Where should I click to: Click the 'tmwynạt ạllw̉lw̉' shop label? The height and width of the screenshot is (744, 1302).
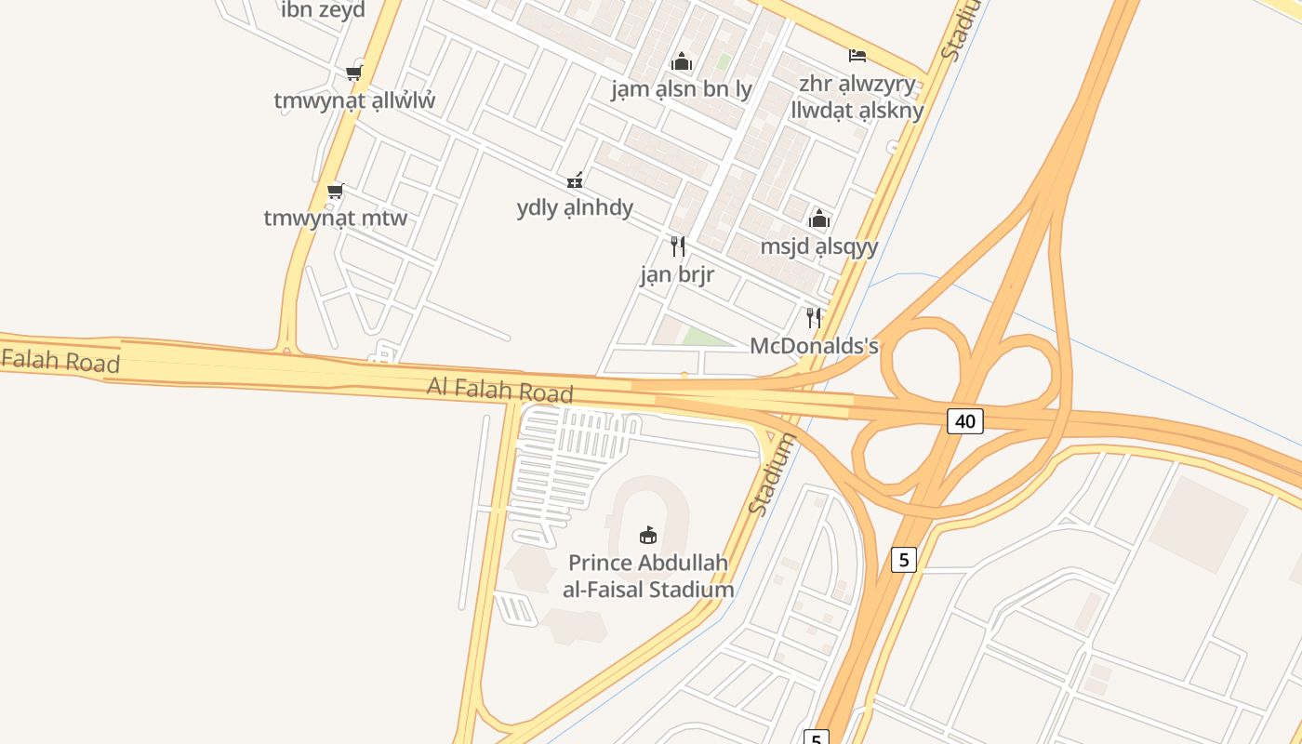tap(354, 100)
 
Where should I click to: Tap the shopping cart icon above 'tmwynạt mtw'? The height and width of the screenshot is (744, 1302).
tap(335, 192)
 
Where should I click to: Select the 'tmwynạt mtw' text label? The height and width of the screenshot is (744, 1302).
tap(336, 219)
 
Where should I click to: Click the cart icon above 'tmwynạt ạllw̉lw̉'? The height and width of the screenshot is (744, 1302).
tap(353, 73)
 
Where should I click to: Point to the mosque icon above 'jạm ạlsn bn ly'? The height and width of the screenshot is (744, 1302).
tap(682, 62)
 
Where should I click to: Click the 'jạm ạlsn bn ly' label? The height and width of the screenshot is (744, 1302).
tap(682, 89)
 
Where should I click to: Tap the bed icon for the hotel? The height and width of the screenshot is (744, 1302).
tap(857, 57)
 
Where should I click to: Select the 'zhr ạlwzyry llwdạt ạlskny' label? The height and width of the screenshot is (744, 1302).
tap(857, 98)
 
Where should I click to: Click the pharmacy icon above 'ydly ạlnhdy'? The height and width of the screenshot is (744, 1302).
tap(576, 180)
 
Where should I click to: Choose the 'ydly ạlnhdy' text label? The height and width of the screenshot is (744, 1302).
tap(575, 207)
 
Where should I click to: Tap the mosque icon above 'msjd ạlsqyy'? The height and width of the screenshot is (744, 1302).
tap(819, 219)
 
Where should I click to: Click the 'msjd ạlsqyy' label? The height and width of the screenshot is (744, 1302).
tap(819, 246)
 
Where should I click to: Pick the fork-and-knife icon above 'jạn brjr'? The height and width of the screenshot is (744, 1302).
tap(678, 246)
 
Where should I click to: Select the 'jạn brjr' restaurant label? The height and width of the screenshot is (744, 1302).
tap(678, 274)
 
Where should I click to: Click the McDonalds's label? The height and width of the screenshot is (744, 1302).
tap(814, 346)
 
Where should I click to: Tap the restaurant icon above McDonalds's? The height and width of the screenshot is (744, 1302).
tap(814, 318)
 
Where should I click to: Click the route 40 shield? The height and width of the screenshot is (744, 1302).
tap(965, 421)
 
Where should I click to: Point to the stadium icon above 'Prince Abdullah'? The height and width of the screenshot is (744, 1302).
tap(648, 536)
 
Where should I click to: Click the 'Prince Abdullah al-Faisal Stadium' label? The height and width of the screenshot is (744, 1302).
tap(648, 577)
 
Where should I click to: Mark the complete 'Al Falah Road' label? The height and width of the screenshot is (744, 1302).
tap(500, 390)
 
